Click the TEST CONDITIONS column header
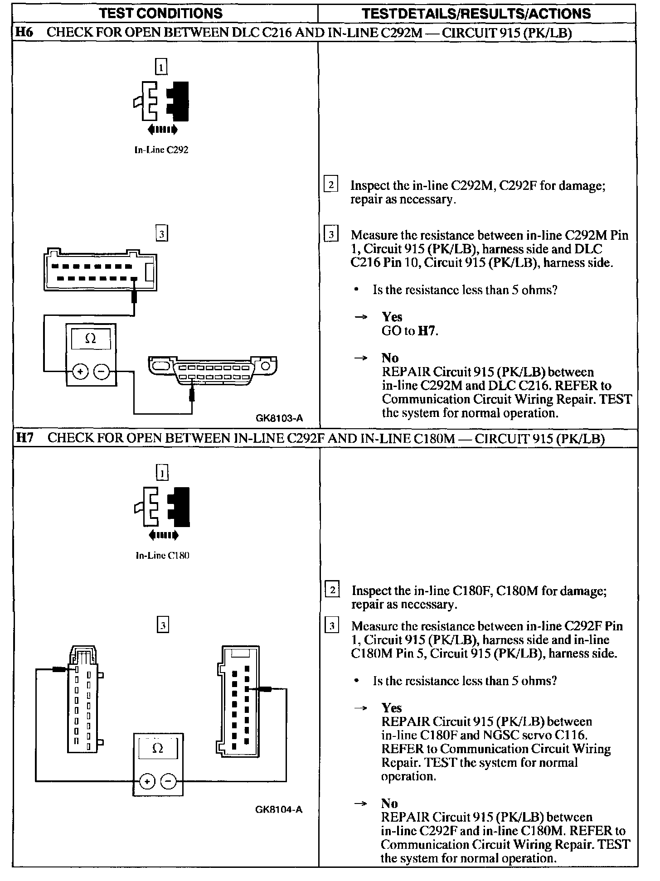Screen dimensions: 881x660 click(x=161, y=13)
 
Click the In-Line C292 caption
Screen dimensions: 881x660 click(x=161, y=150)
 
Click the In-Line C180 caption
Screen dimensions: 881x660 click(x=162, y=556)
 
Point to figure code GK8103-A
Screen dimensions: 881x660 click(x=279, y=418)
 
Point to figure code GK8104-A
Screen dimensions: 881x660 click(x=279, y=809)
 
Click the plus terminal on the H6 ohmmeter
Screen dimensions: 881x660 click(x=80, y=372)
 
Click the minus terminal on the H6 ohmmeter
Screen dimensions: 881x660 click(x=101, y=372)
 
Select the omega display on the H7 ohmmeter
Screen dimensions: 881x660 click(x=158, y=749)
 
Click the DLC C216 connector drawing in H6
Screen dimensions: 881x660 click(x=212, y=371)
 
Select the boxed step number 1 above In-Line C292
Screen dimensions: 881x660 click(x=161, y=67)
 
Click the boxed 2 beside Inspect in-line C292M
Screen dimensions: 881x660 click(x=331, y=185)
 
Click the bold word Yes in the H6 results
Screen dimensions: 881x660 click(x=392, y=317)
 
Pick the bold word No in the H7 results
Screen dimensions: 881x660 click(x=389, y=804)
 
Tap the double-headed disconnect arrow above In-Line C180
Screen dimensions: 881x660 click(x=163, y=536)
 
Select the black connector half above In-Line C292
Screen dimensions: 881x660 click(x=179, y=101)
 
